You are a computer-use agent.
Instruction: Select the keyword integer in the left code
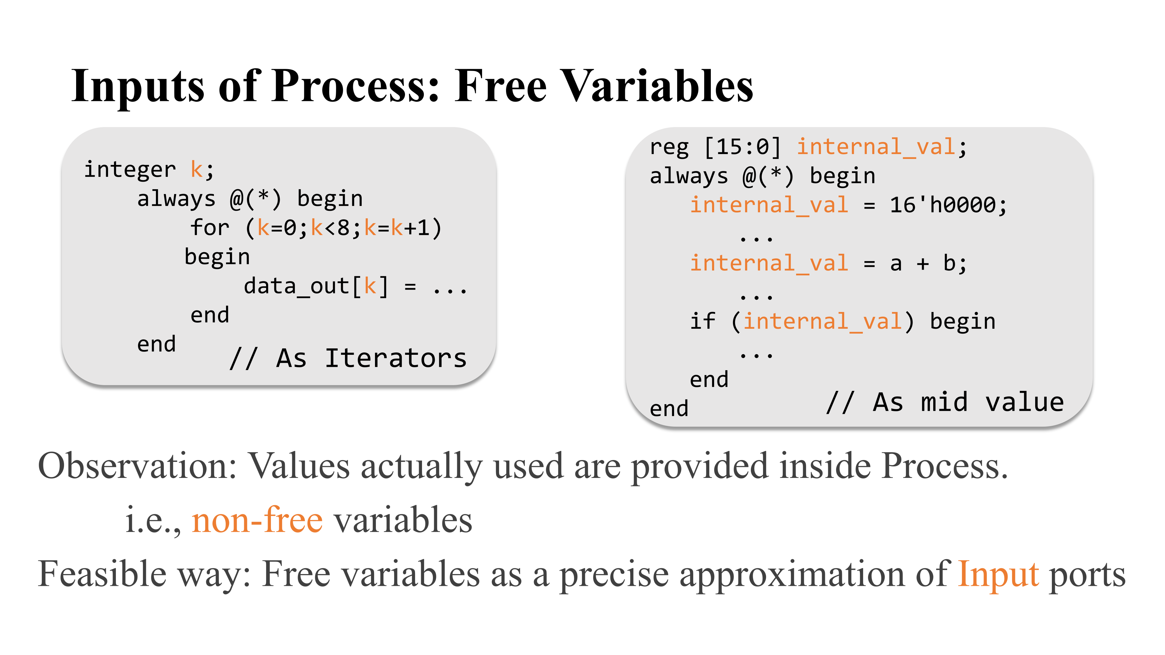(130, 170)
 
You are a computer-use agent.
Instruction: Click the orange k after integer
(197, 170)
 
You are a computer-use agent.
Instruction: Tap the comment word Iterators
(396, 358)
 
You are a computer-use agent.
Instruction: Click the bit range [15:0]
(743, 147)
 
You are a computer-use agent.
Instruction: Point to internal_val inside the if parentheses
(823, 321)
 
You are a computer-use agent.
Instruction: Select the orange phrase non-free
(257, 520)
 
